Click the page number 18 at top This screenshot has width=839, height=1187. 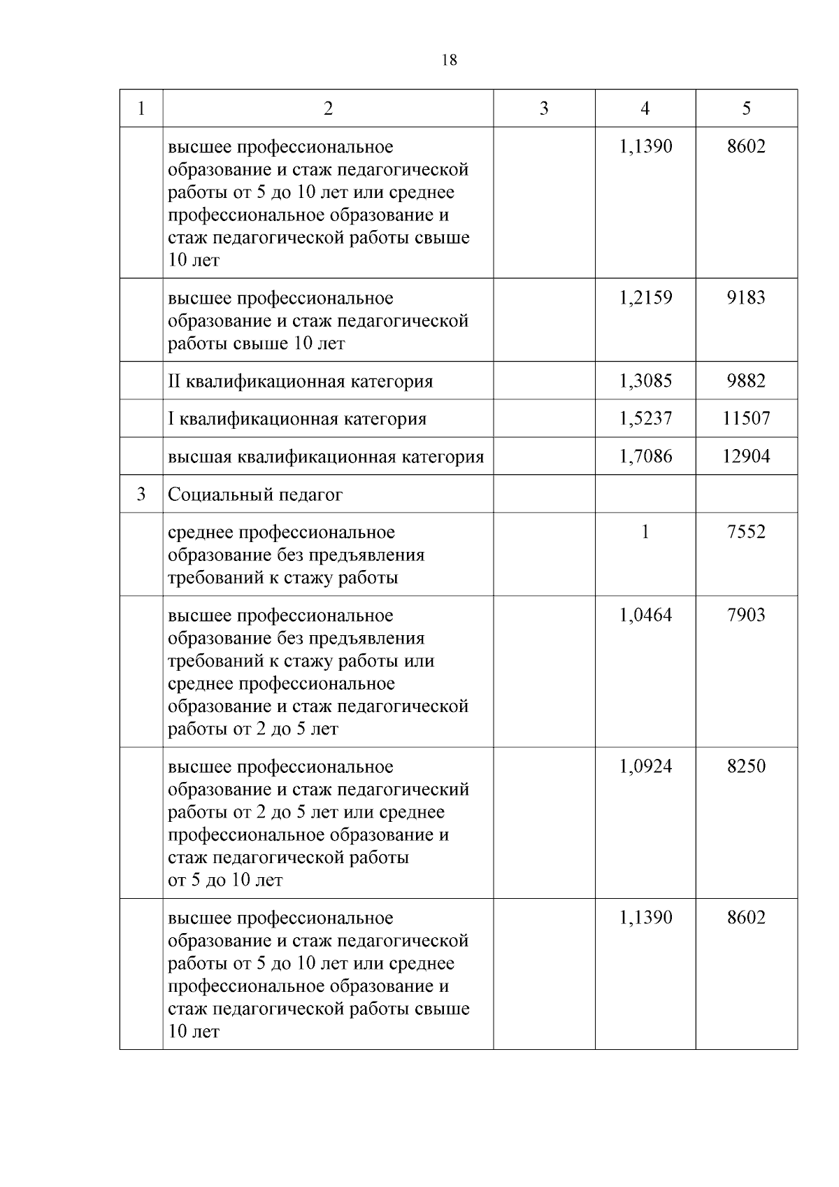pyautogui.click(x=450, y=60)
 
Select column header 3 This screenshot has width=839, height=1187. pyautogui.click(x=544, y=108)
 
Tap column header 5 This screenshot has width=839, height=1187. pyautogui.click(x=746, y=108)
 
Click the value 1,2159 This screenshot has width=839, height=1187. pyautogui.click(x=645, y=298)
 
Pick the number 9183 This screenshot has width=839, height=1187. pyautogui.click(x=746, y=298)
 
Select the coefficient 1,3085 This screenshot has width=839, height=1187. pyautogui.click(x=645, y=381)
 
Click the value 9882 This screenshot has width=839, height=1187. pyautogui.click(x=746, y=381)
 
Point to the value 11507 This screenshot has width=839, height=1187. pyautogui.click(x=746, y=419)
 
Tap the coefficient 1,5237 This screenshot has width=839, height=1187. pyautogui.click(x=645, y=419)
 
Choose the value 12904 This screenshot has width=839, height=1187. pyautogui.click(x=746, y=457)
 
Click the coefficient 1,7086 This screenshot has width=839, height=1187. pyautogui.click(x=645, y=457)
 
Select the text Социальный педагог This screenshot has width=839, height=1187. pyautogui.click(x=255, y=495)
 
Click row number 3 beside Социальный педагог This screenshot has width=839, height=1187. pyautogui.click(x=141, y=495)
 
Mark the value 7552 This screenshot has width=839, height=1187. pyautogui.click(x=746, y=532)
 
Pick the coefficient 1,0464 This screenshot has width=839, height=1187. pyautogui.click(x=645, y=616)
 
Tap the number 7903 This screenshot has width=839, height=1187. pyautogui.click(x=746, y=616)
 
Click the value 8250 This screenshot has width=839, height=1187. pyautogui.click(x=746, y=767)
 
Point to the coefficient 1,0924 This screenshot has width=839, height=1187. pyautogui.click(x=645, y=767)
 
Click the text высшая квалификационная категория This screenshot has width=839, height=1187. pyautogui.click(x=326, y=457)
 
